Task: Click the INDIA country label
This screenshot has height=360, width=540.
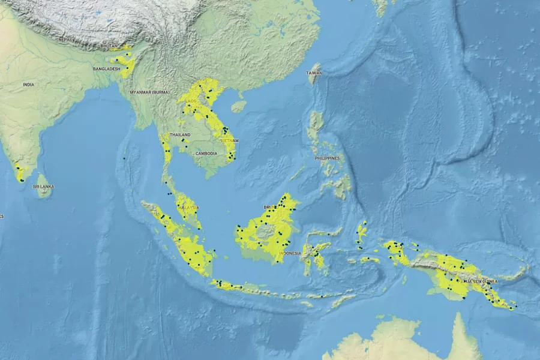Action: pyautogui.click(x=28, y=85)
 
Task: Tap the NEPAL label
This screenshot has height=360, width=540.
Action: pyautogui.click(x=64, y=40)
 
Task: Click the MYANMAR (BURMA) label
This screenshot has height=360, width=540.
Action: pyautogui.click(x=149, y=92)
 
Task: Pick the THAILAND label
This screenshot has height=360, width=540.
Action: pyautogui.click(x=180, y=135)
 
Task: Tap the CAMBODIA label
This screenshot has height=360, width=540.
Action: pyautogui.click(x=206, y=154)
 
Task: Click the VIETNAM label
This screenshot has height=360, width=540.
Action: pyautogui.click(x=230, y=140)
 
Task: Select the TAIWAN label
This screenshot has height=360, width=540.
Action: pyautogui.click(x=315, y=73)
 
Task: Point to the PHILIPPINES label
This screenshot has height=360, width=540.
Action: pyautogui.click(x=327, y=158)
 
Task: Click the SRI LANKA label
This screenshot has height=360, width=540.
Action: pyautogui.click(x=43, y=187)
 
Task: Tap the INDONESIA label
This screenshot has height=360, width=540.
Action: pyautogui.click(x=290, y=253)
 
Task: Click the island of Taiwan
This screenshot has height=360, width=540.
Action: pyautogui.click(x=313, y=81)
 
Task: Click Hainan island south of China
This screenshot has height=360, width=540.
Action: pyautogui.click(x=238, y=107)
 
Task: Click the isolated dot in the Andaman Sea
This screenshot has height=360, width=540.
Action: pyautogui.click(x=124, y=158)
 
